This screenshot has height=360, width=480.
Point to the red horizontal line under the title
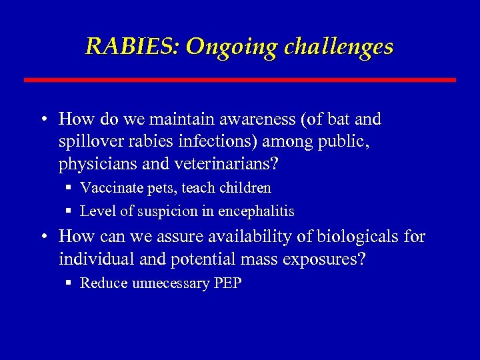click(240, 80)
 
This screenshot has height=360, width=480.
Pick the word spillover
click(90, 142)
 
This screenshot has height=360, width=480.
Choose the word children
click(245, 189)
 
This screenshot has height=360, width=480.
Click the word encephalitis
click(256, 211)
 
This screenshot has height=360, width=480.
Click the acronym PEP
click(228, 283)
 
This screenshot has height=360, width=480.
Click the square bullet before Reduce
click(68, 283)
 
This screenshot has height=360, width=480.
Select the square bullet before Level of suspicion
click(68, 211)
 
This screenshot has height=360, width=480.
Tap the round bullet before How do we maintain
click(42, 121)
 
